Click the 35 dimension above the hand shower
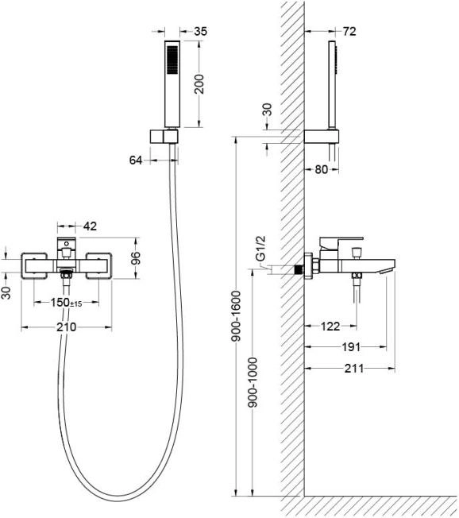pyautogui.click(x=200, y=32)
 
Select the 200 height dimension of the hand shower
pyautogui.click(x=199, y=84)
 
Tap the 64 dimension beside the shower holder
pyautogui.click(x=136, y=160)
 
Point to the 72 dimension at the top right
pyautogui.click(x=349, y=32)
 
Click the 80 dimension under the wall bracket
pyautogui.click(x=322, y=169)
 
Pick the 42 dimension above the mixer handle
pyautogui.click(x=91, y=226)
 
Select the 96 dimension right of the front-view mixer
pyautogui.click(x=136, y=258)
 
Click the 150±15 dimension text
pyautogui.click(x=67, y=302)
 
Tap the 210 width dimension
pyautogui.click(x=67, y=327)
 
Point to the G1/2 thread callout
pyautogui.click(x=261, y=249)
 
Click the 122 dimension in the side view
pyautogui.click(x=330, y=327)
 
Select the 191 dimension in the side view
pyautogui.click(x=351, y=347)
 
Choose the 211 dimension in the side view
pyautogui.click(x=354, y=368)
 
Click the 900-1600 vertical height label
pyautogui.click(x=237, y=316)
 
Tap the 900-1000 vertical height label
pyautogui.click(x=253, y=382)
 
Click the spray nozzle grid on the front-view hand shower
pyautogui.click(x=172, y=60)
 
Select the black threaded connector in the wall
pyautogui.click(x=299, y=270)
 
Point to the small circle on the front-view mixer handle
pyautogui.click(x=67, y=244)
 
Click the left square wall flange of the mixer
pyautogui.click(x=34, y=266)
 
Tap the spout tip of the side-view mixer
pyautogui.click(x=387, y=271)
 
